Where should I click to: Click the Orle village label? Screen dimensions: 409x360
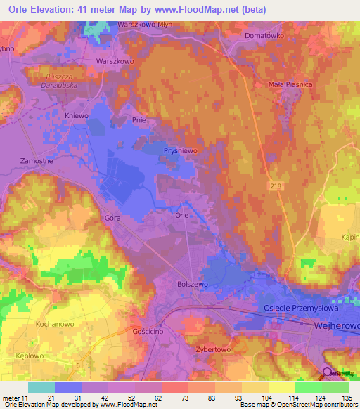(x=181, y=216)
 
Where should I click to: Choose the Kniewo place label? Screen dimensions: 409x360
(x=75, y=115)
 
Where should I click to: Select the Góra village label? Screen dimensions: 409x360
(x=113, y=219)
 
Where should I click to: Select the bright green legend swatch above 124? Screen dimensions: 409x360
(x=309, y=387)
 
